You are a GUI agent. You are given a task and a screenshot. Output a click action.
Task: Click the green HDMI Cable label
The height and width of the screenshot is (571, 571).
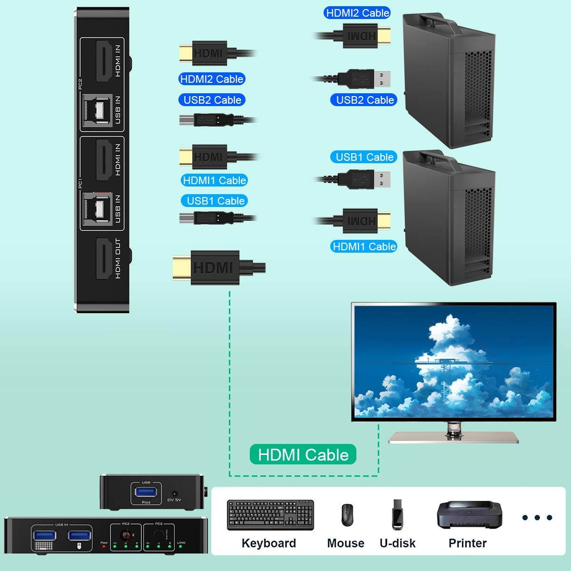click(x=303, y=455)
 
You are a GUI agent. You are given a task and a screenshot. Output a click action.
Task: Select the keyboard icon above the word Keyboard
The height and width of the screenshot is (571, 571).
click(x=270, y=515)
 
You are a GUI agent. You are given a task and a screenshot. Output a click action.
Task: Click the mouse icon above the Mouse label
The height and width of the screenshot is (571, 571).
click(x=347, y=515)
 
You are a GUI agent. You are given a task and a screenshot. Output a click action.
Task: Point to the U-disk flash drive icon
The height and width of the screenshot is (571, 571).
click(x=397, y=515)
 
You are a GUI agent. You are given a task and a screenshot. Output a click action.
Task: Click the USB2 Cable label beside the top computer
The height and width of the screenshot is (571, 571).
click(x=364, y=100)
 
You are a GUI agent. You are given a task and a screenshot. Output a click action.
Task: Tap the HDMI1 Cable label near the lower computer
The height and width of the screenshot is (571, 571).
click(x=364, y=246)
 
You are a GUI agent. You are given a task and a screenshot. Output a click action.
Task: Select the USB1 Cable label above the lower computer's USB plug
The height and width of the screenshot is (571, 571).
click(x=364, y=157)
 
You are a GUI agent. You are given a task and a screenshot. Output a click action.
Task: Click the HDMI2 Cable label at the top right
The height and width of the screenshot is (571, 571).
click(x=357, y=13)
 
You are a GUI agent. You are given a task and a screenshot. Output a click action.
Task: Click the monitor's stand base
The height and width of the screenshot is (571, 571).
click(x=453, y=438)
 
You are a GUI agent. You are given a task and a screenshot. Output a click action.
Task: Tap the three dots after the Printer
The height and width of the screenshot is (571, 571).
click(x=537, y=517)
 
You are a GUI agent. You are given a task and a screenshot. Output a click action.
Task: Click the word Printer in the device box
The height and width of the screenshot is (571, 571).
click(x=467, y=543)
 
